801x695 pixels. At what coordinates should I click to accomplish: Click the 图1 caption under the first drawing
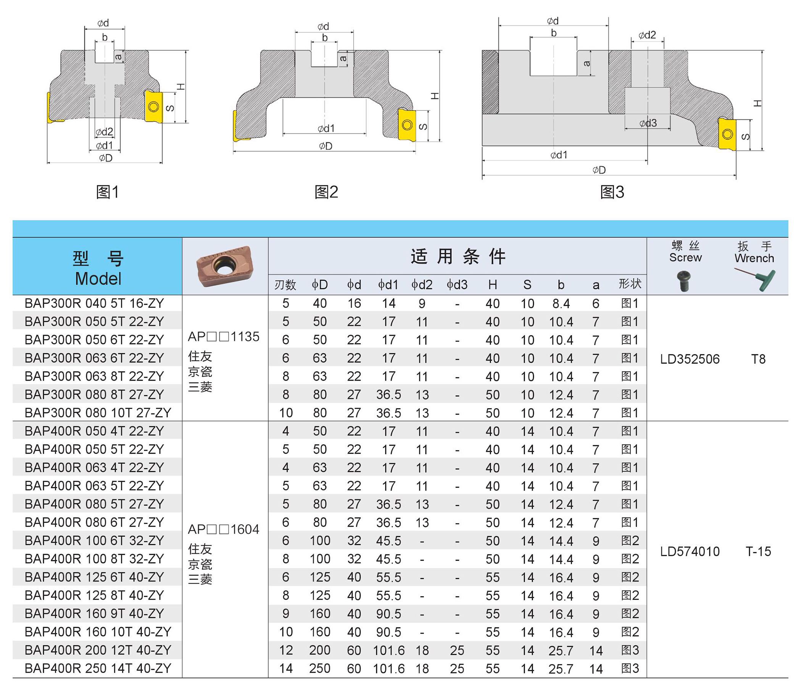click(107, 192)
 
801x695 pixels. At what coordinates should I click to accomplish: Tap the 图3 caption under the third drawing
click(612, 192)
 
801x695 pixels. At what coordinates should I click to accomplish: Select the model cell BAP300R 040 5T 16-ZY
click(94, 303)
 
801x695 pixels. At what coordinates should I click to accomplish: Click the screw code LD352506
click(690, 359)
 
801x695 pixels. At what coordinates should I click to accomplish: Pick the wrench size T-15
click(758, 551)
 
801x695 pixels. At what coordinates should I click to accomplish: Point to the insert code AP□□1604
click(224, 529)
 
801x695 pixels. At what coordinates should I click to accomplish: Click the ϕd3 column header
click(457, 285)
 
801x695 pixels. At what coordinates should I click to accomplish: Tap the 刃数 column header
click(285, 285)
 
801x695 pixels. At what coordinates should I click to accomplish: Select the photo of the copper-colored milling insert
click(224, 266)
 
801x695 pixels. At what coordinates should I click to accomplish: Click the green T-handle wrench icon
click(755, 278)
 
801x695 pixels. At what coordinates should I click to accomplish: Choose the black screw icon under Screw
click(683, 281)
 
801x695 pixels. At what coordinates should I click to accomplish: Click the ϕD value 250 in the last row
click(320, 668)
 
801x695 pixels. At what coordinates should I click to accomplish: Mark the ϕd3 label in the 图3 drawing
click(648, 123)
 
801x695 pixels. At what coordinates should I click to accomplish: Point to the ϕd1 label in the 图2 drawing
click(326, 128)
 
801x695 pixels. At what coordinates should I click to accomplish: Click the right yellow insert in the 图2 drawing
click(407, 124)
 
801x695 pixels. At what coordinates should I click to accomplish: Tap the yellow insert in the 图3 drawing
click(727, 134)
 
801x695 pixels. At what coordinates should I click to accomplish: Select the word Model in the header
click(98, 279)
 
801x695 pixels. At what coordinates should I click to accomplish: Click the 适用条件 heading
click(458, 256)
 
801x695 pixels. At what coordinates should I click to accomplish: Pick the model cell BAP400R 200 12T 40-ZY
click(98, 650)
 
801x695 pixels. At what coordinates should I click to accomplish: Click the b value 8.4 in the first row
click(561, 304)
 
